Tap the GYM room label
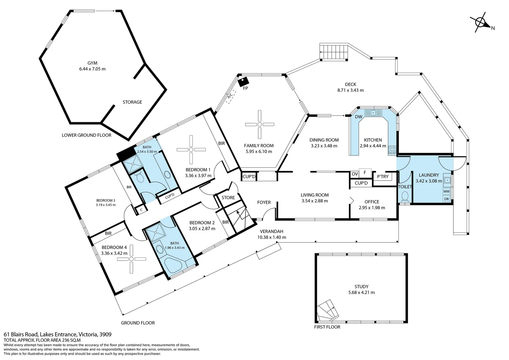pos(92,63)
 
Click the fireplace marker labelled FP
pos(244,82)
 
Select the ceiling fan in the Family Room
pos(259,124)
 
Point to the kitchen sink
pos(373,113)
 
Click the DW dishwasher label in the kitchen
pos(358,117)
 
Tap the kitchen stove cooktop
pos(392,149)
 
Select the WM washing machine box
pos(446,191)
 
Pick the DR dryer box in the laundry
pos(446,199)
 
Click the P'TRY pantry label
pos(383,176)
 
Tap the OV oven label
pos(355,174)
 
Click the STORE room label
pos(228,198)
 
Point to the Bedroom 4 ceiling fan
pos(132,259)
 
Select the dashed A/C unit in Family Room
pos(231,97)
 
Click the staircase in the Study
pos(328,310)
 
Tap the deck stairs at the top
pos(333,52)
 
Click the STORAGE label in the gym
pos(132,102)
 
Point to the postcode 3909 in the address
pos(106,334)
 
